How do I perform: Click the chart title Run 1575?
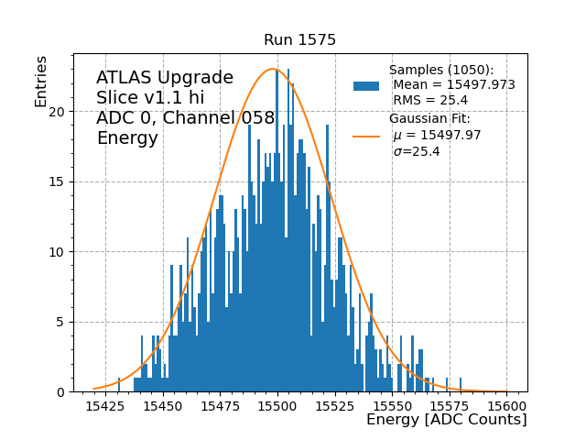pyautogui.click(x=299, y=40)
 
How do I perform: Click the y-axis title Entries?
pyautogui.click(x=41, y=81)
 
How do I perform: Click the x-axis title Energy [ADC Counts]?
pyautogui.click(x=446, y=420)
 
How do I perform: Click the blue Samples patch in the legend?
pyautogui.click(x=366, y=85)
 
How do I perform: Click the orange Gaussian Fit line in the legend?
pyautogui.click(x=366, y=136)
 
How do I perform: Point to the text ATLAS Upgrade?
pyautogui.click(x=165, y=78)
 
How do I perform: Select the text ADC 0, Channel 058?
pyautogui.click(x=186, y=118)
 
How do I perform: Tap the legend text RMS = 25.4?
pyautogui.click(x=430, y=100)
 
